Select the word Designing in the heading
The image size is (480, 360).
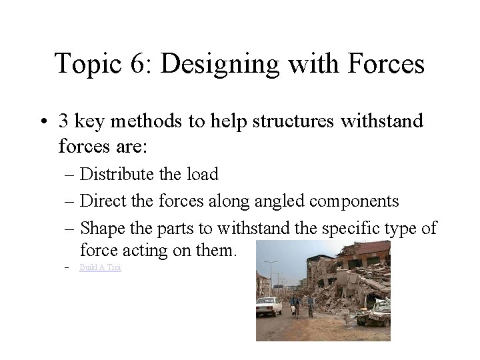click(223, 65)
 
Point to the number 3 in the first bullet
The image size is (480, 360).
click(64, 122)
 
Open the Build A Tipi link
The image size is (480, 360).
click(100, 267)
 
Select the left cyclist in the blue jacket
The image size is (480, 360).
click(294, 306)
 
